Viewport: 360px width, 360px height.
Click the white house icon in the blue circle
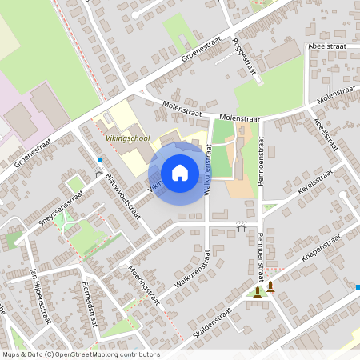[179, 173]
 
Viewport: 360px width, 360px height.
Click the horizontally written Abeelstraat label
[328, 47]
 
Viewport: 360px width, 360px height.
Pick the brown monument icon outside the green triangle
[270, 286]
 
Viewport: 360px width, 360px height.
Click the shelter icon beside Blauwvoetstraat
[99, 174]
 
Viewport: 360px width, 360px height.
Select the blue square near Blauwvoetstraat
[100, 160]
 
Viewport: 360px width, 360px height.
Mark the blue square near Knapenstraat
[357, 286]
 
